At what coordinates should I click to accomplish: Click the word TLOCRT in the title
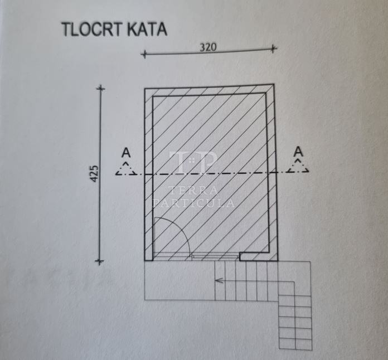coord(93,30)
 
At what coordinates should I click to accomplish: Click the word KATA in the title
coord(148,30)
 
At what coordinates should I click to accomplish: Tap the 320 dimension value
coord(208,47)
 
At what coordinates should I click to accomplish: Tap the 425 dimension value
coord(95,174)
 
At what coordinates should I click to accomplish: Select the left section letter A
coord(126,153)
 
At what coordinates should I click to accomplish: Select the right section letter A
coord(298,152)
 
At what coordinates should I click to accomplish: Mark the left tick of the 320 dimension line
coord(144,53)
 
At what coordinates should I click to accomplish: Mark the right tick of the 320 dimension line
coord(273,48)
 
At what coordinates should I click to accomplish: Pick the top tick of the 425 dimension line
coord(100,89)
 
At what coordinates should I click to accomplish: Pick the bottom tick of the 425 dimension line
coord(99,261)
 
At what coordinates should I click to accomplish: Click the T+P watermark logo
coord(193,163)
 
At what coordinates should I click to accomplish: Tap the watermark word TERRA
coord(193,190)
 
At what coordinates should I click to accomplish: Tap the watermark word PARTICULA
coord(194,203)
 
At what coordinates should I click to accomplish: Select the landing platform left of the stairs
coord(180,280)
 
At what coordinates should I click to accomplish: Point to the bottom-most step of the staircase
coord(295,344)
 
